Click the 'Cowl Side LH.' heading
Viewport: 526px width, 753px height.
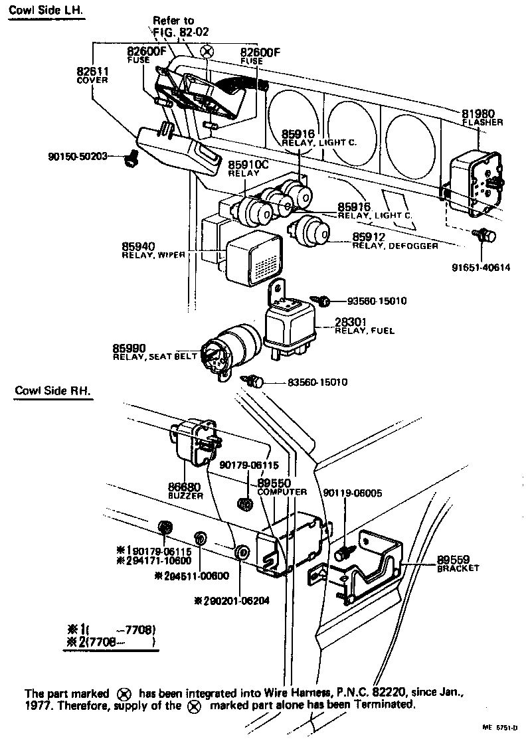pos(46,13)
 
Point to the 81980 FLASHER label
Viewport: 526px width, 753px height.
pos(482,118)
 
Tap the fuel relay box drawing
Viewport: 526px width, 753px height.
pos(290,325)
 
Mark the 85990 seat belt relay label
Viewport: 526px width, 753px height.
pos(155,352)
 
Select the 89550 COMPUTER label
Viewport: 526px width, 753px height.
pos(282,487)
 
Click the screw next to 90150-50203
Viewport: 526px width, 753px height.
pos(132,159)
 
